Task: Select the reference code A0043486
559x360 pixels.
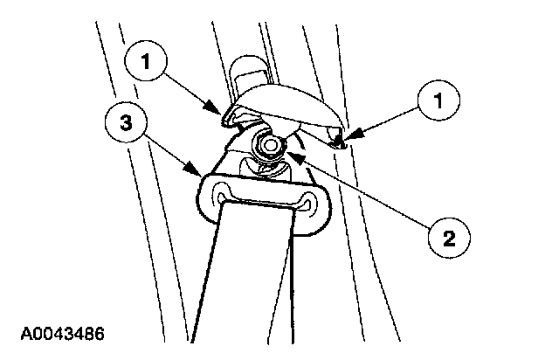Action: click(x=63, y=333)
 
